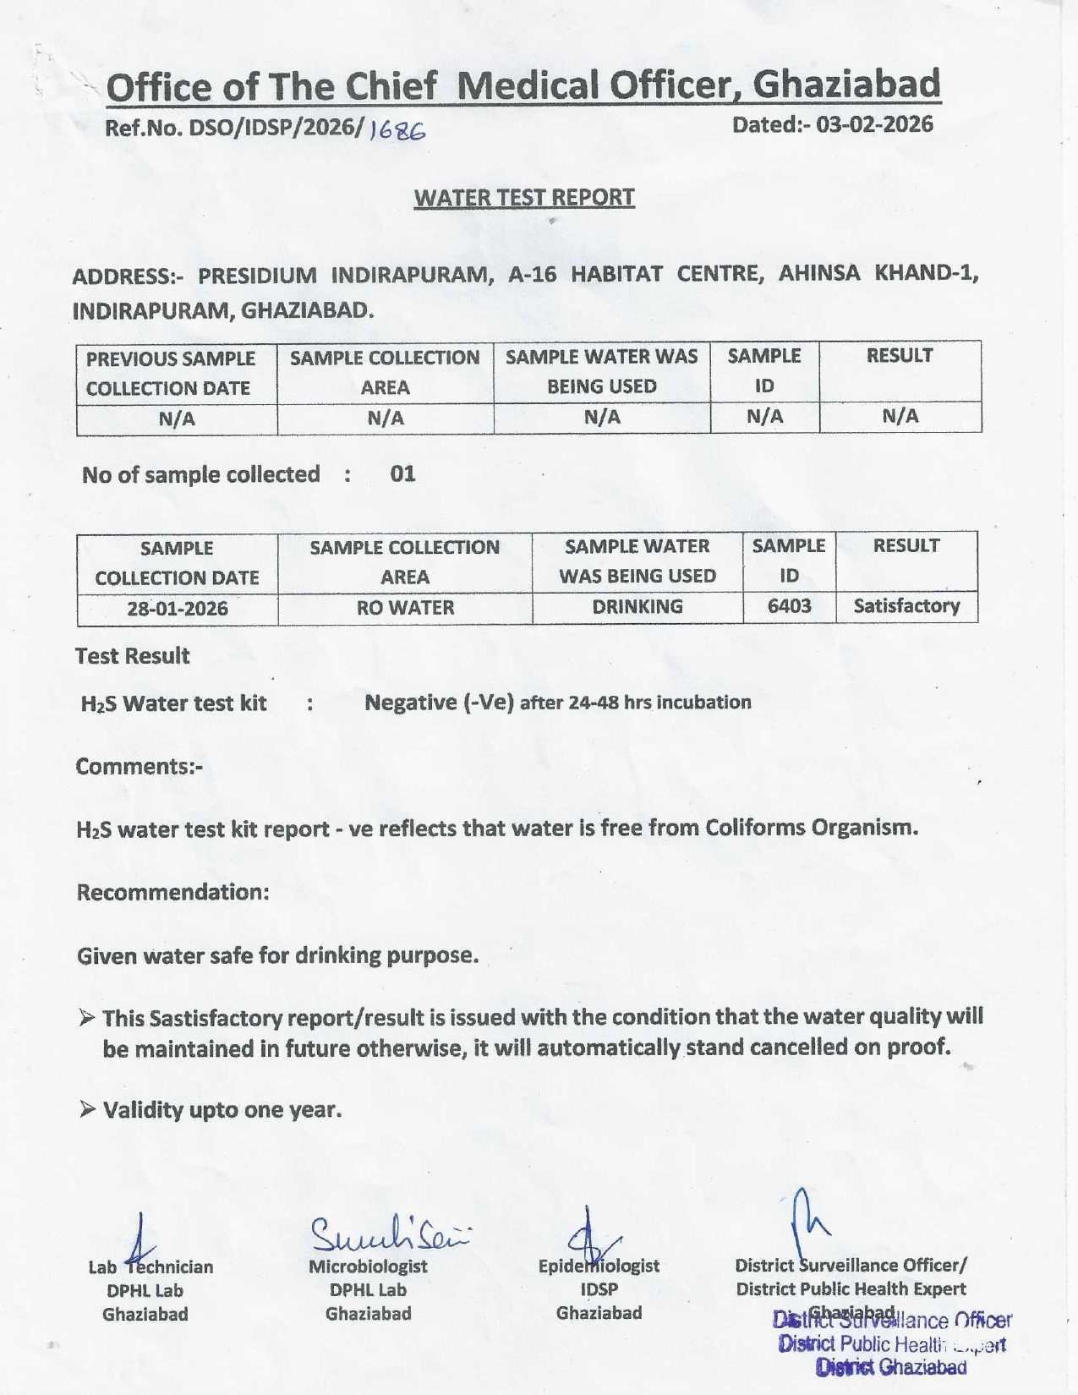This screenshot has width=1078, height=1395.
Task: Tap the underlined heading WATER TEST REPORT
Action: pos(524,198)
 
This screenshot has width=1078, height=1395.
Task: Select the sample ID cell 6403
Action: pos(789,606)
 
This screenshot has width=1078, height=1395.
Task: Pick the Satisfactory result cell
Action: pos(906,606)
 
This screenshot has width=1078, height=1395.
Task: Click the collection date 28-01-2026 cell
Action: pos(178,609)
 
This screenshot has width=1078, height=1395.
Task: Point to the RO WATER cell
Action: pos(405,608)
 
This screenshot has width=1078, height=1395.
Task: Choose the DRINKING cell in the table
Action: pos(637,607)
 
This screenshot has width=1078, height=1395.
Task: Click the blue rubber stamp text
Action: pos(892,1343)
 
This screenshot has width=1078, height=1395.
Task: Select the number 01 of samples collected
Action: pos(402,474)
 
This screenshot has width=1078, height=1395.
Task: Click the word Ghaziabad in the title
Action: pos(845,85)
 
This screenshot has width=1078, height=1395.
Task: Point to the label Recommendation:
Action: pos(173,893)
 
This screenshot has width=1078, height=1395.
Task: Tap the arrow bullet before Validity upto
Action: pos(87,1109)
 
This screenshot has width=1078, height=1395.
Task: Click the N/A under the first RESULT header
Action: pos(900,416)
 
